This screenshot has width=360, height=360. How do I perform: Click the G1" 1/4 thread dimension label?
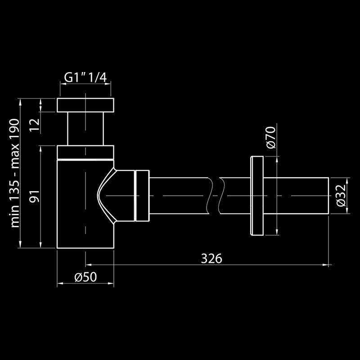tap(85, 77)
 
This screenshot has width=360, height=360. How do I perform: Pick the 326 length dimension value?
tap(211, 258)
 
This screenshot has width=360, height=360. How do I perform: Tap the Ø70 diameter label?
tap(270, 138)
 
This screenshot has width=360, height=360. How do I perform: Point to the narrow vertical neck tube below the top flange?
tap(85, 128)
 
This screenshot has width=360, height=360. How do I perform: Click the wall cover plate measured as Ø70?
tap(257, 196)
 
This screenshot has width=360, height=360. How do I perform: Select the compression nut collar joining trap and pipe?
tap(142, 196)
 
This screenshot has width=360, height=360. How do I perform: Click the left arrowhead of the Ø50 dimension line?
tap(60, 283)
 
